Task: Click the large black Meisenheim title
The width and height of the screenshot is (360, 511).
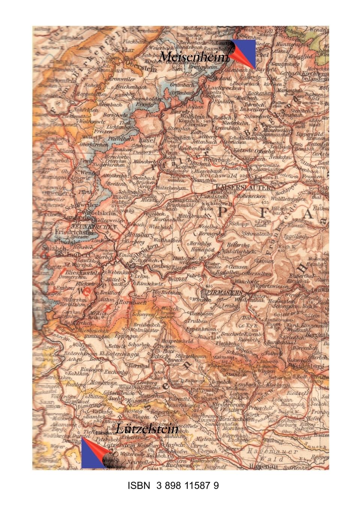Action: (193, 57)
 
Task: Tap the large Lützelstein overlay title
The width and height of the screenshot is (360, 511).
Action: (147, 429)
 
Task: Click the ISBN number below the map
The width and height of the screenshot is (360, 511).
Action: (173, 486)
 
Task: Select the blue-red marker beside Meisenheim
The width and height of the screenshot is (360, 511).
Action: (243, 53)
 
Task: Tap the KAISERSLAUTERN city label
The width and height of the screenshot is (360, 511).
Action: (246, 187)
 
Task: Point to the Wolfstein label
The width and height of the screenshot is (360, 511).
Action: (189, 117)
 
